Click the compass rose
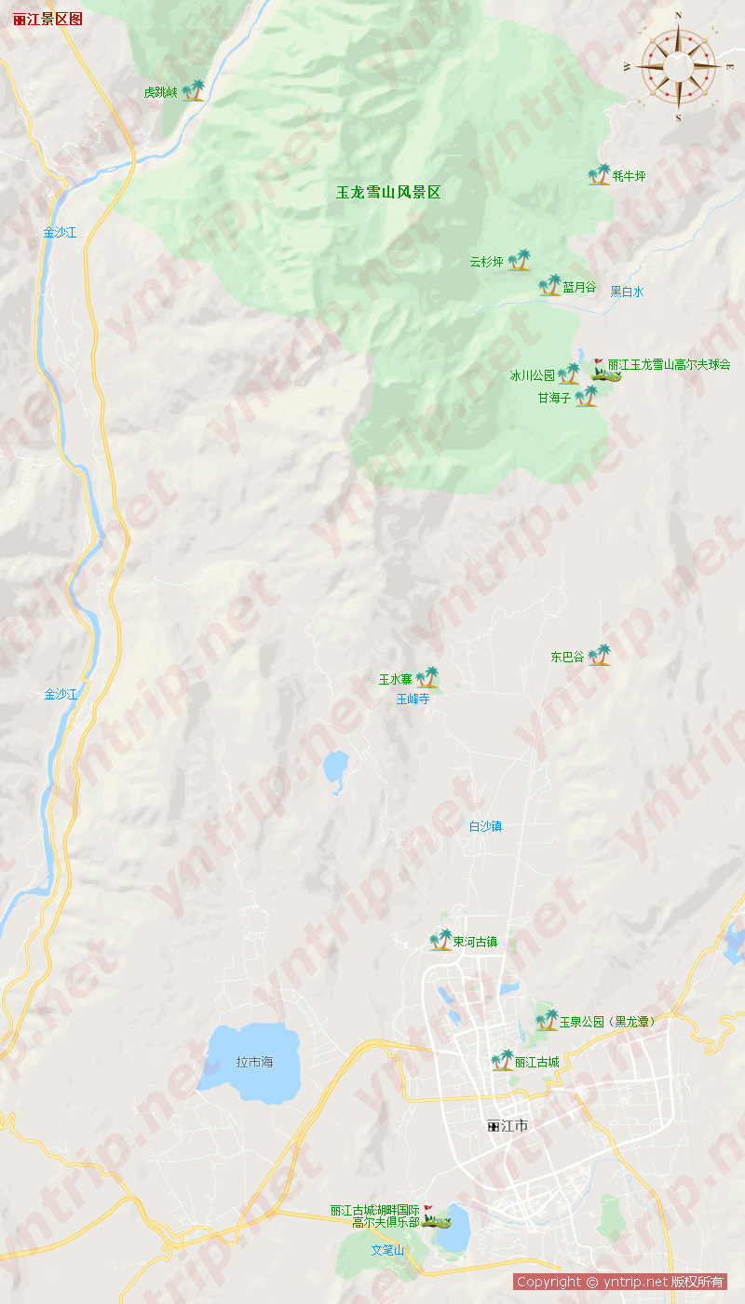pos(678,65)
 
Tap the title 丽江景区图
pos(48,19)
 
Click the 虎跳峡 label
pos(160,92)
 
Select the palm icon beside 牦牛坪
pos(599,174)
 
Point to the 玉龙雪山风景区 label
pos(388,193)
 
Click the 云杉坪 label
pos(486,262)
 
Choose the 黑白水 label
pos(627,292)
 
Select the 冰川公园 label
pos(532,376)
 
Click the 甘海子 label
pos(553,398)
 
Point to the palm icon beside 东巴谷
pos(599,655)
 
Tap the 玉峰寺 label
pos(413,698)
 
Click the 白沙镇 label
pos(485,826)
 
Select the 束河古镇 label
pos(475,942)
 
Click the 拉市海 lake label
pos(254,1062)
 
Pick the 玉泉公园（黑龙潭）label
pos(607,1022)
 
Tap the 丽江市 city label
pos(508,1126)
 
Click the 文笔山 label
pos(387,1250)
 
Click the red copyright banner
pos(620,1282)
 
